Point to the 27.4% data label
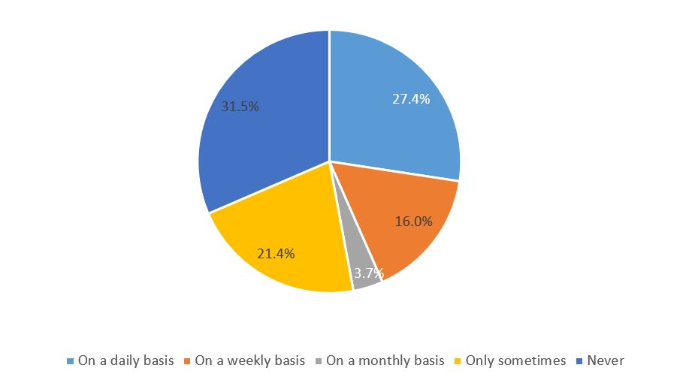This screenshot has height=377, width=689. click(411, 99)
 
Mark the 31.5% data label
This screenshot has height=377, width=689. click(240, 107)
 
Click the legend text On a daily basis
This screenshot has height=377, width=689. click(125, 360)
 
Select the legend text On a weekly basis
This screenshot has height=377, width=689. click(248, 360)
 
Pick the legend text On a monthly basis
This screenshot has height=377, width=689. click(385, 360)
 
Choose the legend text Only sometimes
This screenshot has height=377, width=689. click(515, 360)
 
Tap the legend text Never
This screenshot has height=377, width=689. click(606, 360)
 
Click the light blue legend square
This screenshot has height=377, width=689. click(70, 361)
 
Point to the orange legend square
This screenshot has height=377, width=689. click(187, 361)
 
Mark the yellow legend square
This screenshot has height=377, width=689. click(458, 361)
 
